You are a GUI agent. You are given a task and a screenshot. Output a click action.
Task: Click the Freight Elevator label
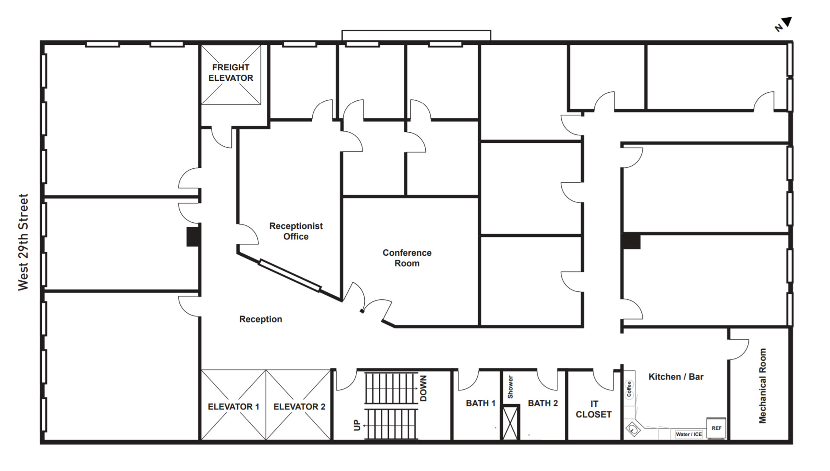tap(230, 72)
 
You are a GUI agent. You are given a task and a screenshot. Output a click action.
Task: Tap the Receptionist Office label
tap(296, 231)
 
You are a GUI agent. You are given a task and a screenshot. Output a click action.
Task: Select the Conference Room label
tap(407, 258)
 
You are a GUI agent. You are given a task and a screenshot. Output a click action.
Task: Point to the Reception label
tap(260, 319)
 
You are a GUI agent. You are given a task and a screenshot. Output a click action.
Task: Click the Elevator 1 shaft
tap(234, 405)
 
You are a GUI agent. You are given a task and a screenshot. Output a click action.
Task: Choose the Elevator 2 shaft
tap(298, 405)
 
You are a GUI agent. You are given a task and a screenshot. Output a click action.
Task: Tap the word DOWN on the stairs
tap(423, 388)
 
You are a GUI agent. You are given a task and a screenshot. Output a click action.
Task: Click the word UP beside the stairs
tap(357, 425)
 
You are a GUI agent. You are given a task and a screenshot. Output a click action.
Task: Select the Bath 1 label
tap(480, 403)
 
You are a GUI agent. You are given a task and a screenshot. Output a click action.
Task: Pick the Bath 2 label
tap(543, 403)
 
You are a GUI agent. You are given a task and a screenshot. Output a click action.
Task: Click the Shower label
tap(510, 387)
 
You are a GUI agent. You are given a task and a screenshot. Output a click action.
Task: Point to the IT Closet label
tap(594, 409)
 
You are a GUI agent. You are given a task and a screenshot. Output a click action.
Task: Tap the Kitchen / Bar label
tap(676, 377)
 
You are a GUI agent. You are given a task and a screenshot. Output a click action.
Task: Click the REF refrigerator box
tap(716, 428)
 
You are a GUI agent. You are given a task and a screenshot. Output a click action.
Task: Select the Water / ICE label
tap(689, 434)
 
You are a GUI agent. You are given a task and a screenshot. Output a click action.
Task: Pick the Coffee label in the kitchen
tap(629, 389)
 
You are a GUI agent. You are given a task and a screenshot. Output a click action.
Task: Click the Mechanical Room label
tap(762, 386)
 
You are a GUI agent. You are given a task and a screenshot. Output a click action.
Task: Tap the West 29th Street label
tap(23, 242)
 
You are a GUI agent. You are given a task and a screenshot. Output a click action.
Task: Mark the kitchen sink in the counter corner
tap(633, 429)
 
